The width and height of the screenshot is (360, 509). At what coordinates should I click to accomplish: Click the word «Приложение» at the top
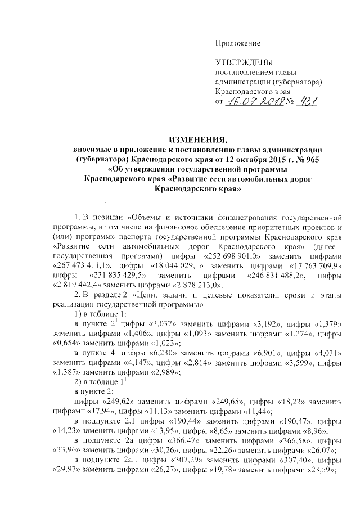coord(238,43)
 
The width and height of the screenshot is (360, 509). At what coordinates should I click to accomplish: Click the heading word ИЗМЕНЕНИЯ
coord(199,139)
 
